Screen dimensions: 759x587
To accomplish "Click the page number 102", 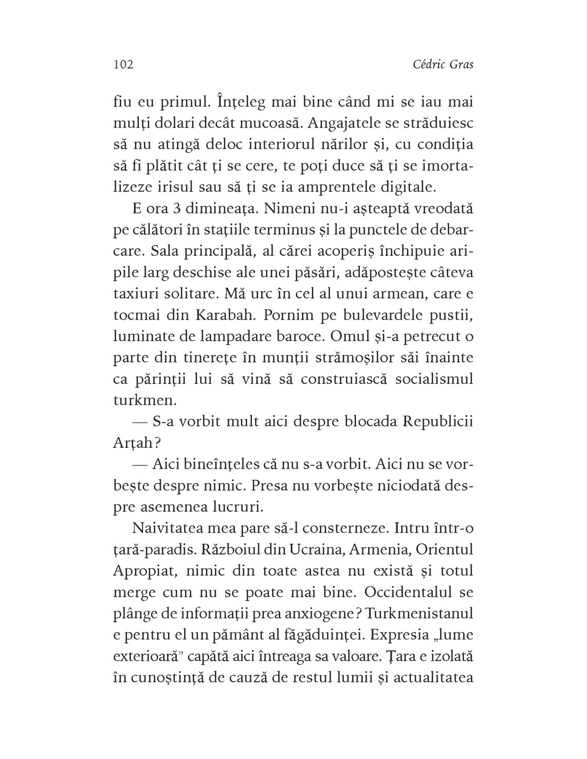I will pos(123,65).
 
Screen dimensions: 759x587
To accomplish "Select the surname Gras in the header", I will pos(459,65).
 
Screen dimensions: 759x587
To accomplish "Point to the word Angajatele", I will pos(363,123).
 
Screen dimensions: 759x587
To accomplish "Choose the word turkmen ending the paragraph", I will pos(139,400).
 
